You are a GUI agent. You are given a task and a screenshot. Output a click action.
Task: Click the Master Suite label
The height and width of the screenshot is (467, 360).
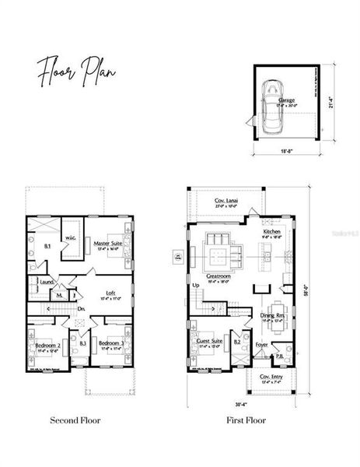click(x=107, y=244)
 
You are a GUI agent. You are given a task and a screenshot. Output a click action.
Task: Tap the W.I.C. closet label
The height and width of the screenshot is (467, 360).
click(x=69, y=237)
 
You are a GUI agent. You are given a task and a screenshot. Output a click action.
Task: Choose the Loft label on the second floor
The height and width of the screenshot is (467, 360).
click(x=110, y=293)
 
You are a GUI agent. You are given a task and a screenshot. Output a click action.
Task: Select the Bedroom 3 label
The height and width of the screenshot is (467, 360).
click(x=110, y=343)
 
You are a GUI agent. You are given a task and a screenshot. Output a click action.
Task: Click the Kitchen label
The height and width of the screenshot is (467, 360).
click(x=271, y=232)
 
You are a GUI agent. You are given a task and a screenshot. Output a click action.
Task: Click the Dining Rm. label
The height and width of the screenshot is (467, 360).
click(x=272, y=315)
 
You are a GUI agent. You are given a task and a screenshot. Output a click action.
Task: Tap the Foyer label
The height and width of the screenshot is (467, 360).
click(x=262, y=343)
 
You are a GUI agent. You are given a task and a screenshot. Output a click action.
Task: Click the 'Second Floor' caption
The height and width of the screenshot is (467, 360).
click(x=75, y=420)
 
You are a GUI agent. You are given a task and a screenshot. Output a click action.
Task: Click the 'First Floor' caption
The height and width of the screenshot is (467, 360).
click(x=246, y=420)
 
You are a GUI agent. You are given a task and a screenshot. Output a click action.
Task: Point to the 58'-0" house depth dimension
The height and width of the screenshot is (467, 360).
click(x=306, y=293)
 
